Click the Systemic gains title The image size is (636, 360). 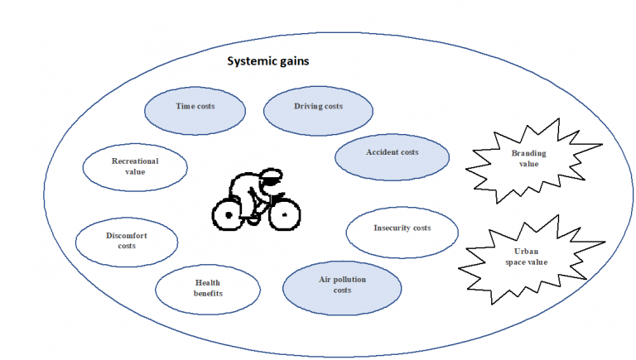pyautogui.click(x=268, y=61)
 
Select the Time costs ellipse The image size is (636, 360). pyautogui.click(x=195, y=111)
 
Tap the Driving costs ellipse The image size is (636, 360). pyautogui.click(x=318, y=111)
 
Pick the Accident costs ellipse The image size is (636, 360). pyautogui.click(x=393, y=157)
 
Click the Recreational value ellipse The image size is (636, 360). pyautogui.click(x=135, y=167)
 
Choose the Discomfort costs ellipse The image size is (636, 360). pyautogui.click(x=127, y=242)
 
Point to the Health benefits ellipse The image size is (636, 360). pyautogui.click(x=208, y=290)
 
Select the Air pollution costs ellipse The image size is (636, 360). pyautogui.click(x=342, y=288)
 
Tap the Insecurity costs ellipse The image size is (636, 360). pyautogui.click(x=402, y=233)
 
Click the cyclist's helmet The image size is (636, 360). pyautogui.click(x=271, y=176)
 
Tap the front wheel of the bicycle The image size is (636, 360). pyautogui.click(x=285, y=214)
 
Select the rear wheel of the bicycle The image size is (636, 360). pyautogui.click(x=229, y=215)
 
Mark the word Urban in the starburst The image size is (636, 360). pyautogui.click(x=526, y=251)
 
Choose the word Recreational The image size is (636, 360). pyautogui.click(x=135, y=161)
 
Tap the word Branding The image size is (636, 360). pyautogui.click(x=529, y=153)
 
